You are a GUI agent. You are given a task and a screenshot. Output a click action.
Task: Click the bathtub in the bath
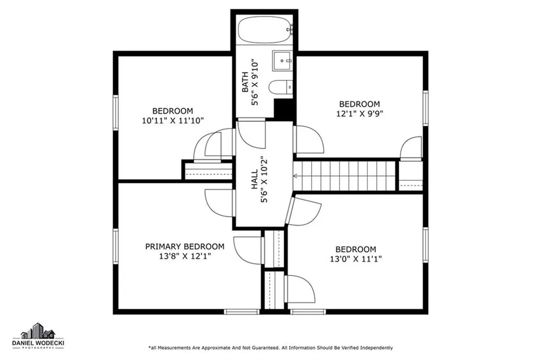coord(266,30)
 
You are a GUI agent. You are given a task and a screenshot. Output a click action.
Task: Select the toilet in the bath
coord(281,87)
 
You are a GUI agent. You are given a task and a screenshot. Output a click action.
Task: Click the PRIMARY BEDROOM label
coord(184,246)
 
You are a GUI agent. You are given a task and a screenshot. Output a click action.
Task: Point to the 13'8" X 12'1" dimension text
coord(185,256)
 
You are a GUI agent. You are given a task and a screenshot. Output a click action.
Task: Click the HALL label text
coord(254,179)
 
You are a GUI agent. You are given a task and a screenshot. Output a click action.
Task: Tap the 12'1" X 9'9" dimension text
coord(360,114)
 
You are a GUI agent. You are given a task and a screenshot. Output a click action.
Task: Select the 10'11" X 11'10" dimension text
coord(173,121)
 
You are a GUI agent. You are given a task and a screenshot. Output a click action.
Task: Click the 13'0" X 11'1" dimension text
coord(356,259)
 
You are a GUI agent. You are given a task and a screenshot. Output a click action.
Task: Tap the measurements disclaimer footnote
coord(270,347)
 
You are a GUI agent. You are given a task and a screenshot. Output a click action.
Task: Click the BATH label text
coord(245,82)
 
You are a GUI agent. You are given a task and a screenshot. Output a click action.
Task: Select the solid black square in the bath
coord(284,109)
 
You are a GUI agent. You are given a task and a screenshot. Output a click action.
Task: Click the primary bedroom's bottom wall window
coord(241,312)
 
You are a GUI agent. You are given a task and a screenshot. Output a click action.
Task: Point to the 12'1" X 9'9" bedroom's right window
coord(425,108)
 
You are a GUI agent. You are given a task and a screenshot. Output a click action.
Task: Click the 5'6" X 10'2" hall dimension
coord(264,179)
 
